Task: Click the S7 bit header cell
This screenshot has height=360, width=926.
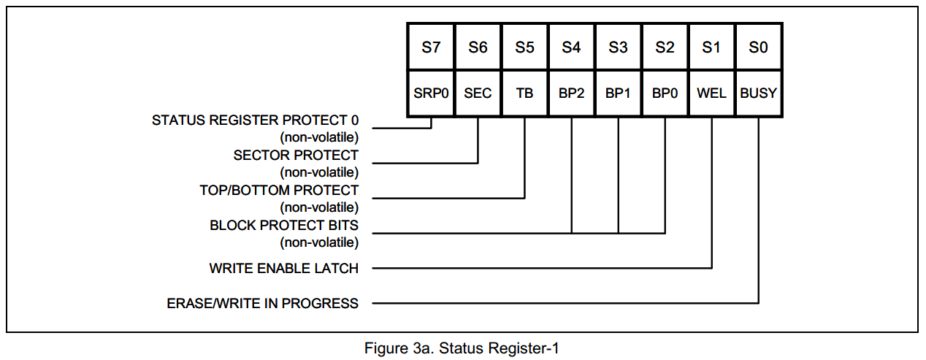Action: pyautogui.click(x=431, y=47)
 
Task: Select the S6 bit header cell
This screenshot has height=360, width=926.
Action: pyautogui.click(x=478, y=47)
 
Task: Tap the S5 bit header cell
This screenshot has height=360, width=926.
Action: pyautogui.click(x=524, y=47)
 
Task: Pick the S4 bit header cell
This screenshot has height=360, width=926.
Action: pyautogui.click(x=571, y=47)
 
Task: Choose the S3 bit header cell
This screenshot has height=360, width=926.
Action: pyautogui.click(x=618, y=47)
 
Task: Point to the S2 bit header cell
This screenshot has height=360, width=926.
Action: pyautogui.click(x=665, y=47)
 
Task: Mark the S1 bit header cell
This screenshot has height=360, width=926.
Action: pyautogui.click(x=711, y=47)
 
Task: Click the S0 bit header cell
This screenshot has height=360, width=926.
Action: pyautogui.click(x=758, y=47)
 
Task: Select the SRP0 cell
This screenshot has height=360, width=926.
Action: pyautogui.click(x=431, y=93)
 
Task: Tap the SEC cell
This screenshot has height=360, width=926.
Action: pyautogui.click(x=478, y=93)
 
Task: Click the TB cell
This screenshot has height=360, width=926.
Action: pyautogui.click(x=524, y=93)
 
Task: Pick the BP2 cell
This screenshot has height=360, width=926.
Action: pyautogui.click(x=571, y=93)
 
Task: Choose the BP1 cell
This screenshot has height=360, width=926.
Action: pyautogui.click(x=618, y=93)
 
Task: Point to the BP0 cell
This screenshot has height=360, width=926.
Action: pyautogui.click(x=665, y=93)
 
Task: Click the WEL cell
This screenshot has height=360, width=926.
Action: pyautogui.click(x=711, y=93)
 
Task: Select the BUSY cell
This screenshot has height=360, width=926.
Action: pyautogui.click(x=758, y=93)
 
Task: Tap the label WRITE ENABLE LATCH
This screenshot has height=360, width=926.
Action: pyautogui.click(x=283, y=269)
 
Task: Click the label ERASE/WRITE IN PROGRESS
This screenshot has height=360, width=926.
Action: pyautogui.click(x=262, y=303)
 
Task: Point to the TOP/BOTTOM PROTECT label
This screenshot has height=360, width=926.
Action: pyautogui.click(x=279, y=191)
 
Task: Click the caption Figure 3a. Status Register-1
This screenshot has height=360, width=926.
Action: pyautogui.click(x=462, y=348)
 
